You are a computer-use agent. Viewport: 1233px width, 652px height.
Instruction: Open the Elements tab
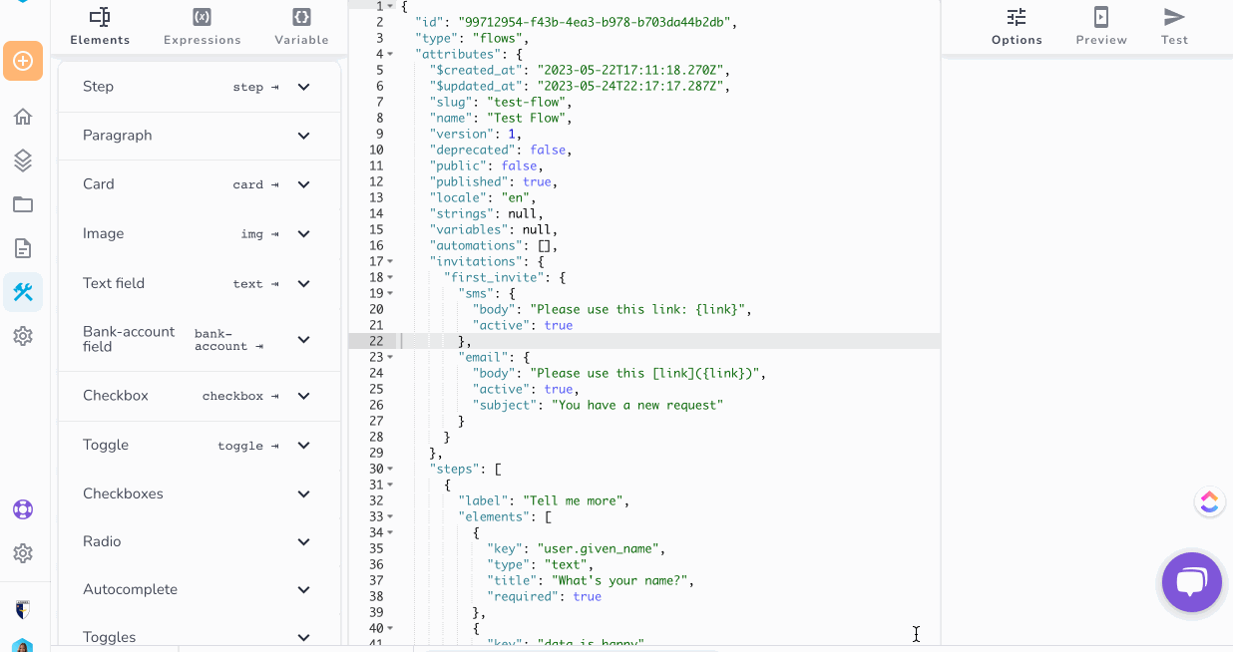click(100, 26)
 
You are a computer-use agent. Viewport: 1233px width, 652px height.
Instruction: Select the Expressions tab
click(203, 26)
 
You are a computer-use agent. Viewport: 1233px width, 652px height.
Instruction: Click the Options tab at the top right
click(1017, 26)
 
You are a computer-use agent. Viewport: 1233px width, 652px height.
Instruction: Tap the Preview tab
click(1101, 26)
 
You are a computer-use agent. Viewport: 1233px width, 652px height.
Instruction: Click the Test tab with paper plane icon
click(1174, 26)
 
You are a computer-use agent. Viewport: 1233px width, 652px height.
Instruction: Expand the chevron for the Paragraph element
click(303, 136)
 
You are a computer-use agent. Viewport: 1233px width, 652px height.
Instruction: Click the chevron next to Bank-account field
click(303, 340)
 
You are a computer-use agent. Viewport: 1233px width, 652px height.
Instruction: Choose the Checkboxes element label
click(123, 493)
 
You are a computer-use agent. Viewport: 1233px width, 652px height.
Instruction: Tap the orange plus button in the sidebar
click(23, 61)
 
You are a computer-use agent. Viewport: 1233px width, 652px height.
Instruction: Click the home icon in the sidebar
click(23, 117)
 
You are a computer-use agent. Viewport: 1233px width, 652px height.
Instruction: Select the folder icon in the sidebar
click(23, 204)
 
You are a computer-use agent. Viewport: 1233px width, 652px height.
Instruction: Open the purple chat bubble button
click(1192, 582)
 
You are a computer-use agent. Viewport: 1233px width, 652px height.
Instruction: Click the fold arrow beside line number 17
click(390, 261)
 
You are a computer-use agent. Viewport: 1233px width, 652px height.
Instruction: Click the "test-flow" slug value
click(527, 102)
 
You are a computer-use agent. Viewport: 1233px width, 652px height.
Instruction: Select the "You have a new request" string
click(637, 405)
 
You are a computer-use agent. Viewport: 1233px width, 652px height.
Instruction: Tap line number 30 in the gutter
click(376, 469)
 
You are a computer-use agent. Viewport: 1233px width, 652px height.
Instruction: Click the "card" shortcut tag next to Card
click(247, 184)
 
